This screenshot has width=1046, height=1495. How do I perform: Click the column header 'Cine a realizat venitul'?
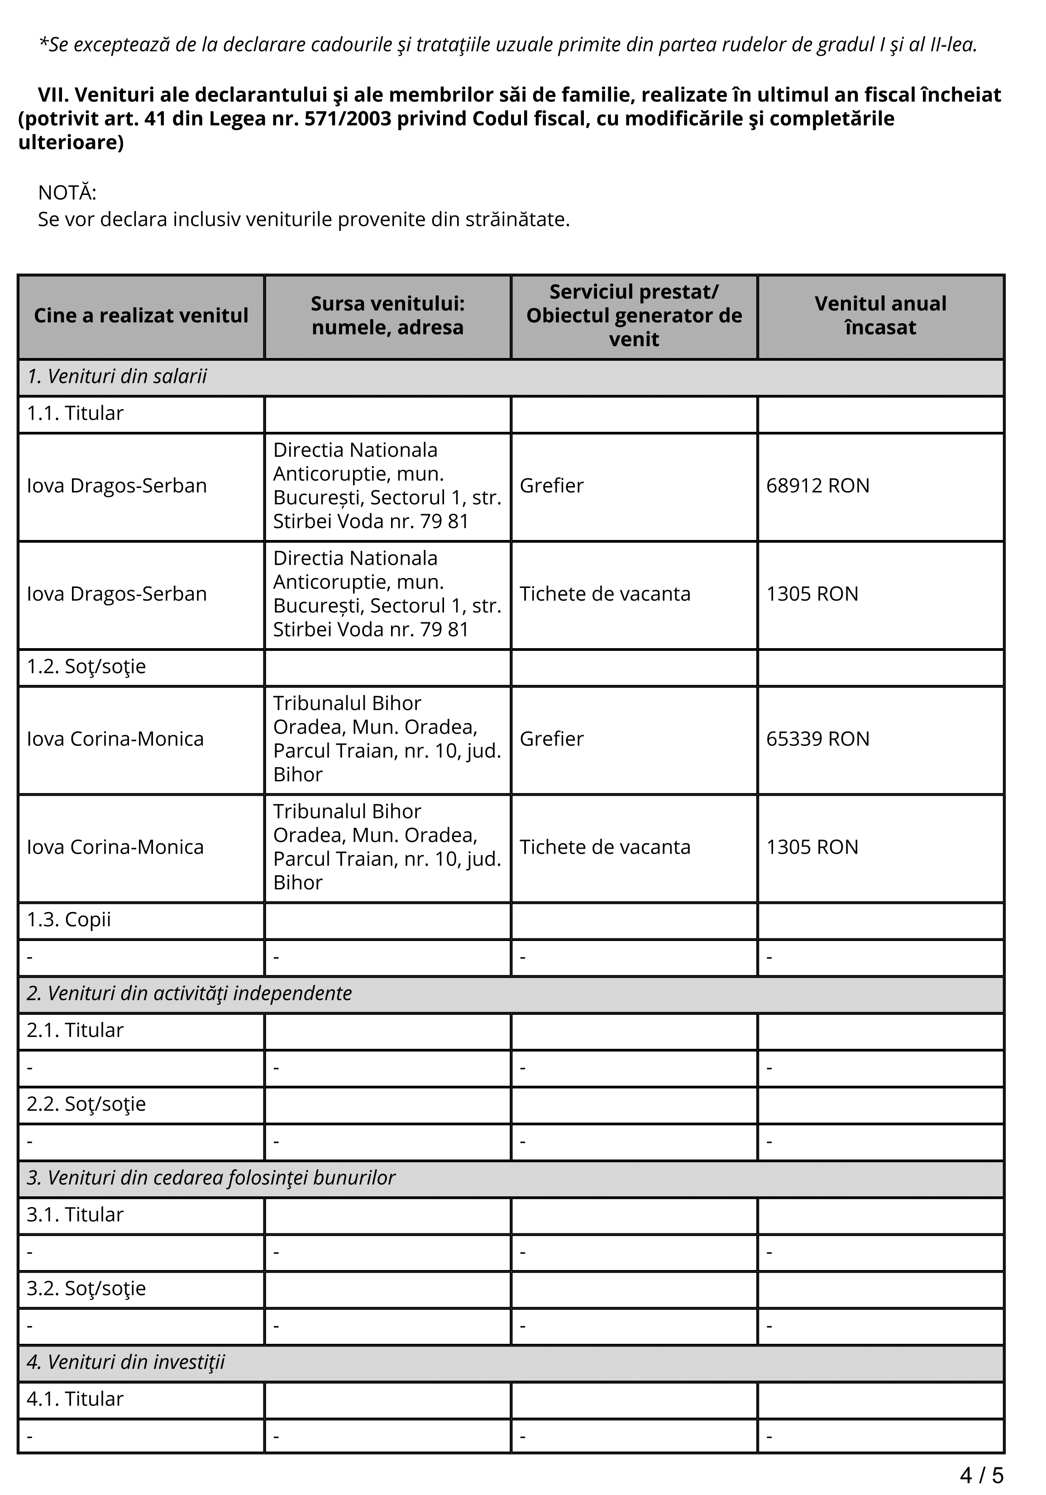point(141,316)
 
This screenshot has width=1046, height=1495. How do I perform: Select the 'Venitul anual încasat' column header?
point(880,316)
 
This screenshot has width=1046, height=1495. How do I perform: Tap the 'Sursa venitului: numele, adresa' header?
point(387,316)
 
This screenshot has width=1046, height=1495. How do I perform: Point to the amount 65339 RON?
point(817,739)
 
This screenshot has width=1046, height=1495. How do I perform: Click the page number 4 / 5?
point(982,1475)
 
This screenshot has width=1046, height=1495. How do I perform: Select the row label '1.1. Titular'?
point(75,414)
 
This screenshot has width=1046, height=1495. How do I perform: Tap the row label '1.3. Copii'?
point(68,920)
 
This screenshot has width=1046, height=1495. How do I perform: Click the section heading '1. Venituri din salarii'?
point(117,377)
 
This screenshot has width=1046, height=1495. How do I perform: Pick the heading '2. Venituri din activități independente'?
point(189,993)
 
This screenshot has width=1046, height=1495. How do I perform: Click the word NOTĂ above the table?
point(67,193)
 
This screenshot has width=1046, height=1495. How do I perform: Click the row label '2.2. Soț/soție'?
point(86,1104)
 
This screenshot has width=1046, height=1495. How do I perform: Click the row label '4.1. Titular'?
point(75,1399)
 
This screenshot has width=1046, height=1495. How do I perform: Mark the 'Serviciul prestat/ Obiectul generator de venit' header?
point(634,316)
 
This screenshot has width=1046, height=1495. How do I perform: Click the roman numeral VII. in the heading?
point(53,95)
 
